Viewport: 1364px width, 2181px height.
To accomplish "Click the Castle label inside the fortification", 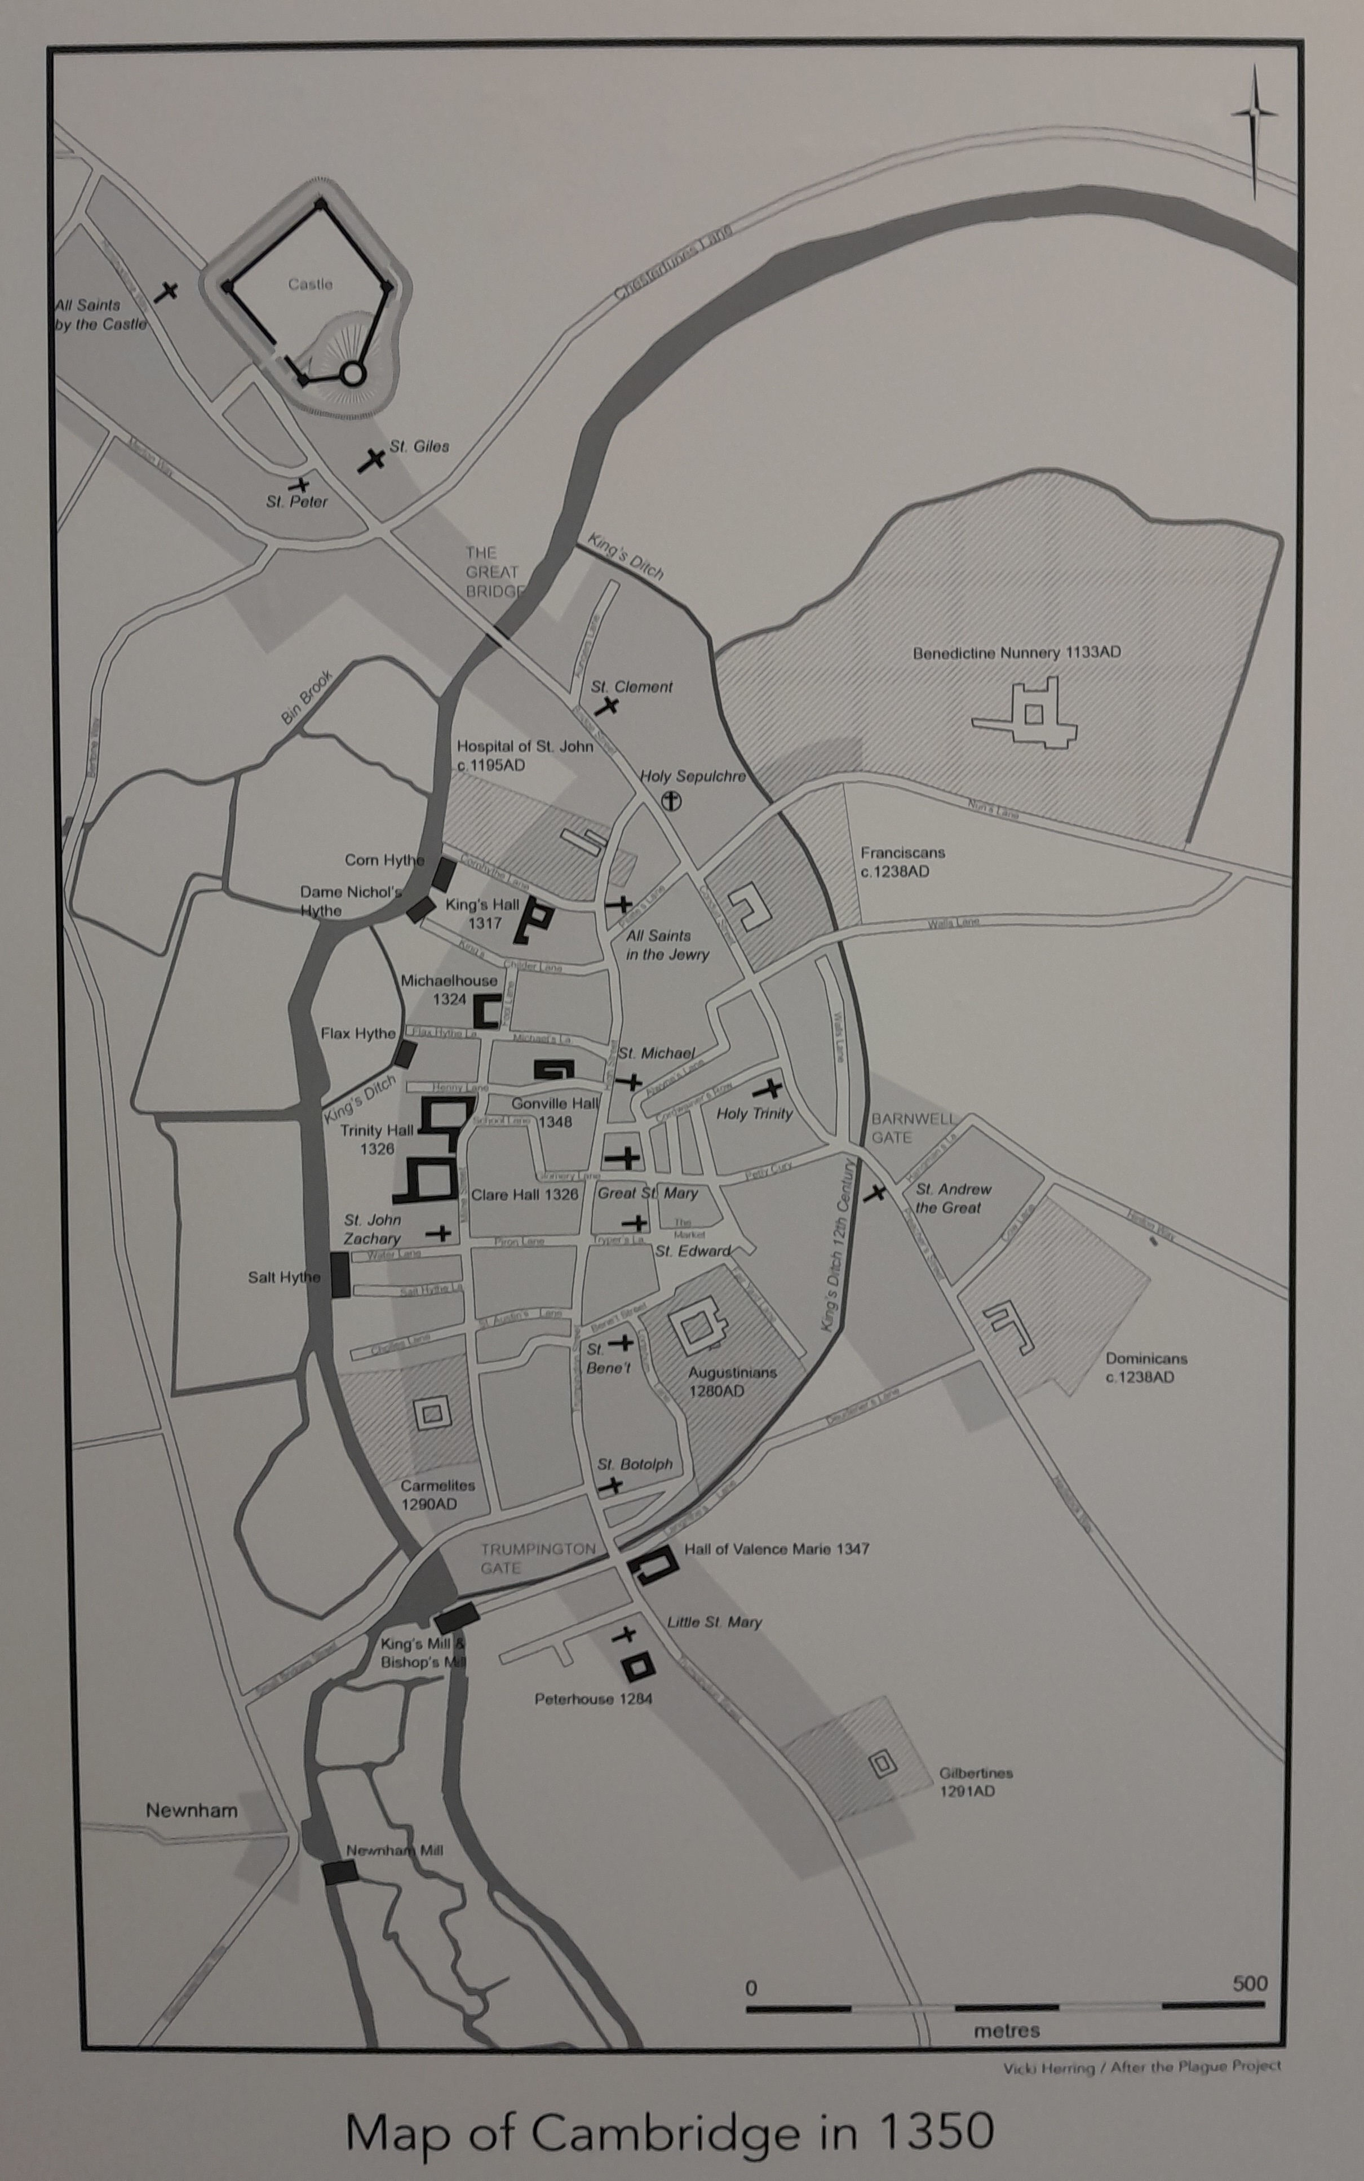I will tap(311, 284).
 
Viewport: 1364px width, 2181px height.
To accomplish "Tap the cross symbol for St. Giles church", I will tap(371, 460).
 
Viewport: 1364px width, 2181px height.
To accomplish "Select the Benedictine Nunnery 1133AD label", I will tap(1017, 652).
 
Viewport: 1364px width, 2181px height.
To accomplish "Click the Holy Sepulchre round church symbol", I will tap(672, 801).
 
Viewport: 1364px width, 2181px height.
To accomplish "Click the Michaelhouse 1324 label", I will tap(448, 990).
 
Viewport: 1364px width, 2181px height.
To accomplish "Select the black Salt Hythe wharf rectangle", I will tap(340, 1275).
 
